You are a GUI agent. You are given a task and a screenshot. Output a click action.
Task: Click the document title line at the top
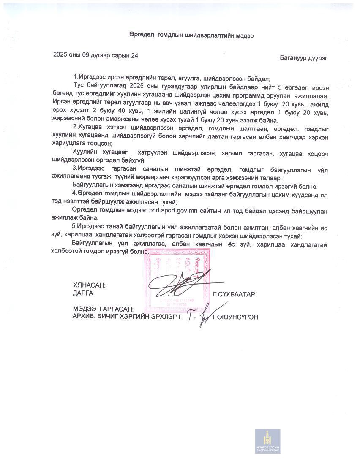[191, 36]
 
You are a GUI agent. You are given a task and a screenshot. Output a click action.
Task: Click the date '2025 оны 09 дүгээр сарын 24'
[96, 55]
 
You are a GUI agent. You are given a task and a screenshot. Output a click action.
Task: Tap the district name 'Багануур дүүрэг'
[303, 58]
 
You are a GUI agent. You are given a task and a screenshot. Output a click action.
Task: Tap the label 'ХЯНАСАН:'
[89, 285]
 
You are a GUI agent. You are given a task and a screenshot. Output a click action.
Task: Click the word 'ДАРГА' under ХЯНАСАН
[83, 293]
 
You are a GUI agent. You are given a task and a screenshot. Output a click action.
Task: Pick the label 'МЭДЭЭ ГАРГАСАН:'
[103, 309]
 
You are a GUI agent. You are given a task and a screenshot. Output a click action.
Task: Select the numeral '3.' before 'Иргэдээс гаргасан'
[75, 170]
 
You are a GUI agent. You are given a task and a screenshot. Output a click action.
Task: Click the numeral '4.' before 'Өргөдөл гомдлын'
[75, 194]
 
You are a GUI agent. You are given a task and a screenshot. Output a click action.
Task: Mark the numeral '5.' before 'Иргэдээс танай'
[75, 228]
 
